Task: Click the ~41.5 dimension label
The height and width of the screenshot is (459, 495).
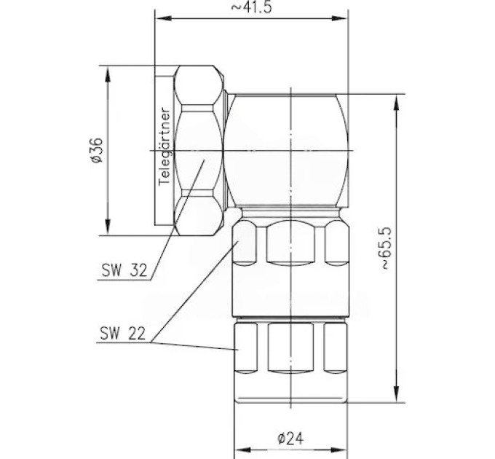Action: coord(251,7)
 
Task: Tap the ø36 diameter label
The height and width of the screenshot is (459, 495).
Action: coord(97,150)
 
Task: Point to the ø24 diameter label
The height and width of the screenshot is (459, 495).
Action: coord(290,438)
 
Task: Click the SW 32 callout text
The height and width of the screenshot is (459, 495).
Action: coord(124,270)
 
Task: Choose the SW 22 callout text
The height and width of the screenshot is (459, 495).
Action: coord(123,333)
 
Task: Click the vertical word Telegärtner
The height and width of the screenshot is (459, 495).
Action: coord(165,147)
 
